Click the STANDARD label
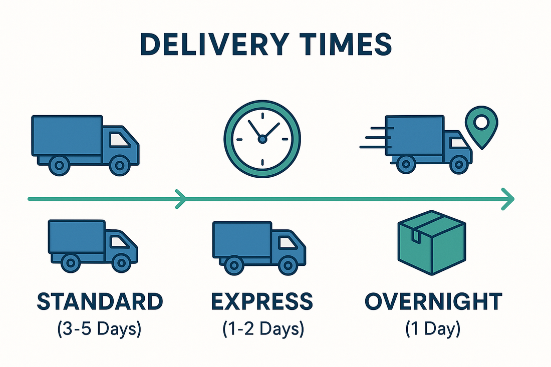click(100, 301)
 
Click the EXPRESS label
click(262, 301)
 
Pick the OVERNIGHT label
click(433, 301)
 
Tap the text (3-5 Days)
click(100, 329)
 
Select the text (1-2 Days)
click(262, 329)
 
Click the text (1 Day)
click(433, 329)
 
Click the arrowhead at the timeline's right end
click(508, 199)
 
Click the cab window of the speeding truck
click(458, 143)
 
